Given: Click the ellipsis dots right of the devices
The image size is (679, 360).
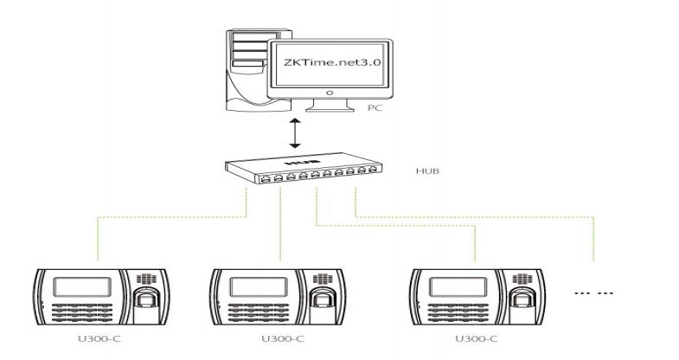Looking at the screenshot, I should pos(594,293).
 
